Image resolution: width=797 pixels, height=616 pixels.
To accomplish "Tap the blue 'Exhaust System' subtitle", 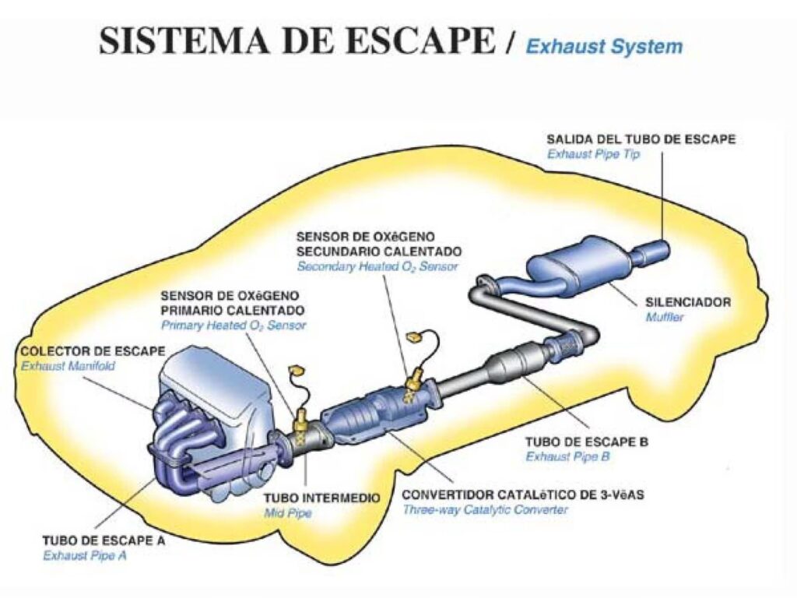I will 604,46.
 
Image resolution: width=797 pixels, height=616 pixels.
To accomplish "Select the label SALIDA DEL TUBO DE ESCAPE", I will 641,139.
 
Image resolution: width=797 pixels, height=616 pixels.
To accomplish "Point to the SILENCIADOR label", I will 688,302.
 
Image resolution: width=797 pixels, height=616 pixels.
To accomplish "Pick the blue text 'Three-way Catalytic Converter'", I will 485,510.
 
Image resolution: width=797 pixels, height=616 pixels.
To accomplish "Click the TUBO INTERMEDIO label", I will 321,498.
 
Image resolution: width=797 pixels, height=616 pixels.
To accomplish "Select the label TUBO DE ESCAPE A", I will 104,540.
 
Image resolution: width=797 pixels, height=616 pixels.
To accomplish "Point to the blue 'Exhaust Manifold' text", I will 68,365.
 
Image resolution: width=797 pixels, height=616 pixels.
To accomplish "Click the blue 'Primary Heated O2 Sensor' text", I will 233,326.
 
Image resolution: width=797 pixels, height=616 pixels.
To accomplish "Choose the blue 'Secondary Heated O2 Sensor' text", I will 377,266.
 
